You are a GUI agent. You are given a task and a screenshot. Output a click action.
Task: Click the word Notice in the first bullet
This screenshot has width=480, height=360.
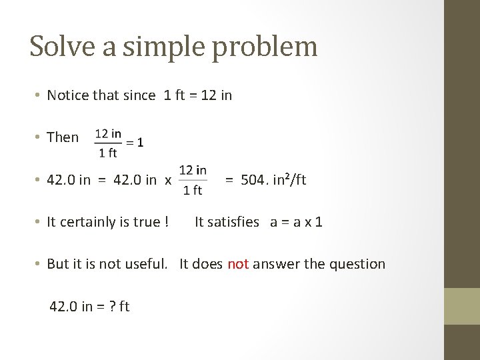tap(67, 95)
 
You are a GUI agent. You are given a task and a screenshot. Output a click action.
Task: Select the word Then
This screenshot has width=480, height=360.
tap(63, 137)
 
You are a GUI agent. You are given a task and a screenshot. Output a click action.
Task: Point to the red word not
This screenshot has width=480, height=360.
tap(238, 264)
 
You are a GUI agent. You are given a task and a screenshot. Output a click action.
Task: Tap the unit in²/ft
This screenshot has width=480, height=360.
tap(287, 179)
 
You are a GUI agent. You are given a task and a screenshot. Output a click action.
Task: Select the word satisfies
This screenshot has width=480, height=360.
tap(227, 222)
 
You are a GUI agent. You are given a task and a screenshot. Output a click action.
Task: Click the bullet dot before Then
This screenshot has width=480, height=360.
tap(39, 137)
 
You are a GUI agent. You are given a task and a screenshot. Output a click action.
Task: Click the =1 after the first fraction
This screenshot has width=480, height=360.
tap(135, 142)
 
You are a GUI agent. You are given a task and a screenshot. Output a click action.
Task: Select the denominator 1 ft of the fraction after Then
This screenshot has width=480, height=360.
tap(108, 153)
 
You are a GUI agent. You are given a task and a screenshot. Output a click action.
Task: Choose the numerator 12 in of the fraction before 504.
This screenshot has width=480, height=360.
tap(193, 170)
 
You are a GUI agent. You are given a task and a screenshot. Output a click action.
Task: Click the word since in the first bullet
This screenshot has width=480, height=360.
tap(141, 95)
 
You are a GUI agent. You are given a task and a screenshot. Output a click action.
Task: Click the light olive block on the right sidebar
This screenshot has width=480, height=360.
tap(461, 306)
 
